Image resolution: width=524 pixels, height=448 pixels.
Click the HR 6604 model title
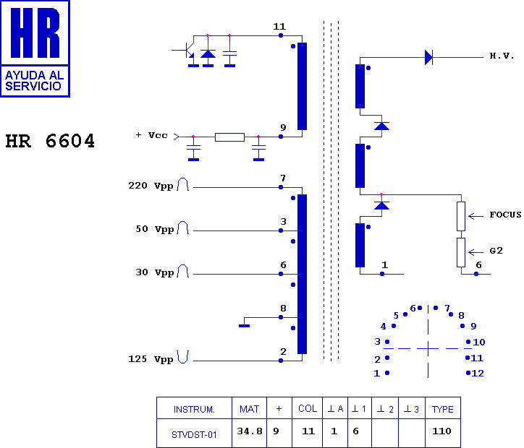pos(50,141)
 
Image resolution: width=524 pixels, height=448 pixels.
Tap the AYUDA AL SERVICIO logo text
pos(35,81)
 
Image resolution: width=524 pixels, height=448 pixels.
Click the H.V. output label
pos(502,56)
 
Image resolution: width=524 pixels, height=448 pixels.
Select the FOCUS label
pos(505,215)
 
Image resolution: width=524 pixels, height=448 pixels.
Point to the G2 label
pos(496,251)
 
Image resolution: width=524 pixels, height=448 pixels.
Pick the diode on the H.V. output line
pos(428,57)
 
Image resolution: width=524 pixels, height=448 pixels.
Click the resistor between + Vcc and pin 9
pos(229,137)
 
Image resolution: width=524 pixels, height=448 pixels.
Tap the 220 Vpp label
pos(151,186)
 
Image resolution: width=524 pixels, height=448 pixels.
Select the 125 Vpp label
pos(151,359)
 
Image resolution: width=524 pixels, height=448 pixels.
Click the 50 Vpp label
pos(155,229)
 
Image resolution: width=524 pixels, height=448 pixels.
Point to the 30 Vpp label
pos(155,272)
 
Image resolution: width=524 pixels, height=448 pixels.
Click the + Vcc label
pos(151,135)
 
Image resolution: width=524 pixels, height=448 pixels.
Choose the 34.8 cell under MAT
pos(249,431)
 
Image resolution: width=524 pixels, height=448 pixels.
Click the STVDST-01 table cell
pos(194,435)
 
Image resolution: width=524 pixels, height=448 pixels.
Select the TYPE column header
pos(443,409)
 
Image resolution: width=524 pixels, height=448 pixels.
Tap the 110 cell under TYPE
pos(441,431)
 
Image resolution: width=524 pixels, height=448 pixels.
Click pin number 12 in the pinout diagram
pos(478,374)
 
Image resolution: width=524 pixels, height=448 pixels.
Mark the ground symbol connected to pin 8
pos(245,326)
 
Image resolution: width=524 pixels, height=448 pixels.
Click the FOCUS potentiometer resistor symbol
pos(461,216)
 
